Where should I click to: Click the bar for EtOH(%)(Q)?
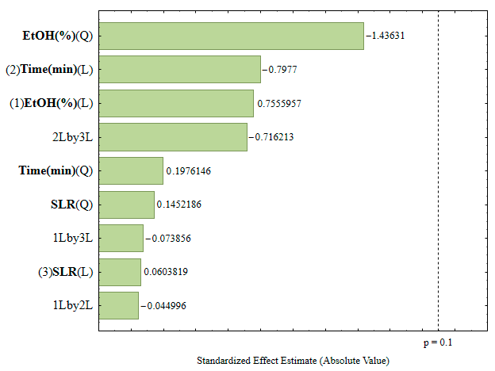(232, 36)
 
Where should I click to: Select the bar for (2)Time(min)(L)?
(180, 70)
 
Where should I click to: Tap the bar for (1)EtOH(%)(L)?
(176, 103)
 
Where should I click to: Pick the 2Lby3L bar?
(173, 137)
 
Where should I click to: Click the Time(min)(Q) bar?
(131, 170)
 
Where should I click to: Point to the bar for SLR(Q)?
(127, 205)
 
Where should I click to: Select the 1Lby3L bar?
(121, 238)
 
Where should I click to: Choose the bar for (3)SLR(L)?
(120, 272)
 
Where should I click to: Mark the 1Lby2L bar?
(119, 306)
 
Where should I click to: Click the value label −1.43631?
(386, 36)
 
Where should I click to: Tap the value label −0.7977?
(280, 70)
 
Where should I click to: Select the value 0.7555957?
(279, 104)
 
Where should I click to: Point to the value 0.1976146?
(189, 171)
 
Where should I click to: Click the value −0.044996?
(163, 306)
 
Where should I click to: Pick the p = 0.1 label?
(438, 342)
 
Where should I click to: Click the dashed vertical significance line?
(438, 170)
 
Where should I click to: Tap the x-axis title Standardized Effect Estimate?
(257, 361)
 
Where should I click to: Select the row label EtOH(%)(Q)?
(58, 36)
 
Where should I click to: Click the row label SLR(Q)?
(72, 205)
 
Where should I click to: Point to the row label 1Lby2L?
(73, 305)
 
